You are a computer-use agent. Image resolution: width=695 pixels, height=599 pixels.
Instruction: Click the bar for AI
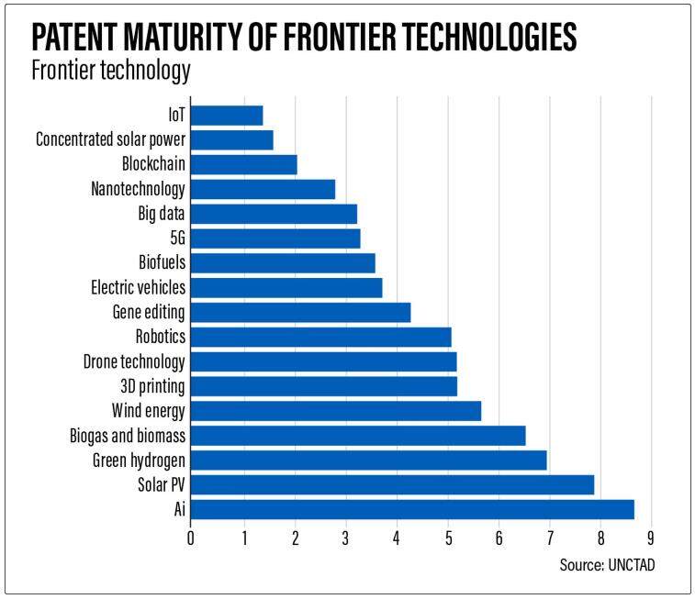pos(411,509)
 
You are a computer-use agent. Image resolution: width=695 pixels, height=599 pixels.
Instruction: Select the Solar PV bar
pos(392,484)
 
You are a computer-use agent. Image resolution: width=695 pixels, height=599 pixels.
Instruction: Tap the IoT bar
pos(227,116)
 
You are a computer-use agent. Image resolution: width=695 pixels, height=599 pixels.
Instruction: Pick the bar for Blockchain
pos(243,164)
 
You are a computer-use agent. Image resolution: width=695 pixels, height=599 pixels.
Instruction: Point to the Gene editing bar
pos(300,312)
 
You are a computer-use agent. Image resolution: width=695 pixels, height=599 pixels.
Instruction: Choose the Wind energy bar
pos(335,410)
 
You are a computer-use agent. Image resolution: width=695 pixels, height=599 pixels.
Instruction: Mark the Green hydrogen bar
pos(368,460)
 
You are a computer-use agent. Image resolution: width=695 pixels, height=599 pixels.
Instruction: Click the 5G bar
pos(275,238)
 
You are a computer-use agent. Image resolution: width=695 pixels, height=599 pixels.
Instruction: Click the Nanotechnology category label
pos(138,189)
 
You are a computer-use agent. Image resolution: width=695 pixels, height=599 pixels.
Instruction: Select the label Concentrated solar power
pos(110,140)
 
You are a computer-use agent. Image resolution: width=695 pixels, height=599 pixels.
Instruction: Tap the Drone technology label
pos(134,361)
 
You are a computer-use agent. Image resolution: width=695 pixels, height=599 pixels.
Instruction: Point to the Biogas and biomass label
pos(128,435)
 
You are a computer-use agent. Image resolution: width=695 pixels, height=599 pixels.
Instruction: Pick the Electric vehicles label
pos(138,287)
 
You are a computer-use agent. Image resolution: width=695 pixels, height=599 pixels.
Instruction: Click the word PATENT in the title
pos(83,38)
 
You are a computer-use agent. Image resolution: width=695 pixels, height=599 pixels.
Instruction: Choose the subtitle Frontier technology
pos(111,71)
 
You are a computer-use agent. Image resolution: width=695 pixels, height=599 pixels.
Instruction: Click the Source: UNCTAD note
pos(607,566)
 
